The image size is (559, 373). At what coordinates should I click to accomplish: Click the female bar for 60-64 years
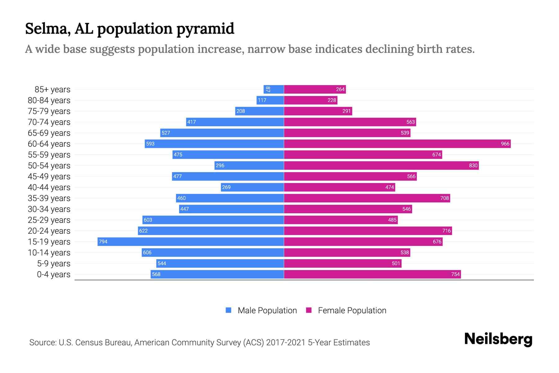tap(397, 144)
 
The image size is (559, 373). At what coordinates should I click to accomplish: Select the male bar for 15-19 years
tap(191, 242)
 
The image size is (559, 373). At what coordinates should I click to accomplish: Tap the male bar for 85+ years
tap(274, 89)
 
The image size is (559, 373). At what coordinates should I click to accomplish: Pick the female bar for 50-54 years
tap(381, 165)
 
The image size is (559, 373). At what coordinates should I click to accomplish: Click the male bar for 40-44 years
tap(252, 187)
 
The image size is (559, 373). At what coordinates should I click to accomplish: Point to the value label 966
tap(505, 144)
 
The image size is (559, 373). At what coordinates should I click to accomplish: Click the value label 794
tap(103, 242)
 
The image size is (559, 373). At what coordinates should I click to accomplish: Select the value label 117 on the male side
tap(262, 100)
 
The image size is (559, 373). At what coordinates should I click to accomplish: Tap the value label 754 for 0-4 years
tap(455, 274)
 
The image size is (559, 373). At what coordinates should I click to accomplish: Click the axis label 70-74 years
tap(49, 122)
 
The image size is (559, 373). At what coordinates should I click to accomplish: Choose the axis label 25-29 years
tap(49, 220)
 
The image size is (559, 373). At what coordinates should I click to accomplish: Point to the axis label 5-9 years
tap(53, 264)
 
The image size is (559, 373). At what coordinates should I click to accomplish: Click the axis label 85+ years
tap(52, 90)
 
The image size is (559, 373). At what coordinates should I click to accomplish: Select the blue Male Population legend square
tap(229, 310)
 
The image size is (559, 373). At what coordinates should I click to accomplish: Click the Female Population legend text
tap(352, 311)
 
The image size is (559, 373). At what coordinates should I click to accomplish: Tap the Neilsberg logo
tap(498, 339)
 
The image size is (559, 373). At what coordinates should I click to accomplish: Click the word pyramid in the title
tap(205, 29)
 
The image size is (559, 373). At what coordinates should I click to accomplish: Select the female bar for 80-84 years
tap(311, 100)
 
